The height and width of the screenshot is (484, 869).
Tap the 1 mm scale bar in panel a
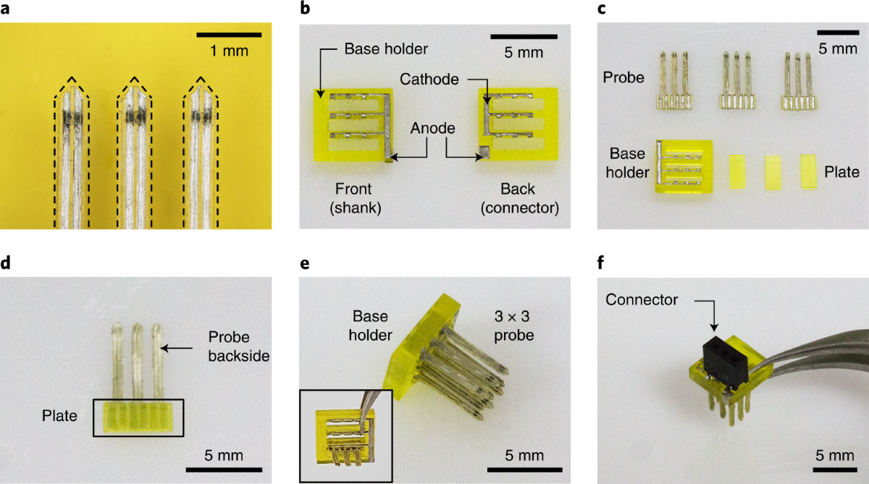(x=228, y=34)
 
